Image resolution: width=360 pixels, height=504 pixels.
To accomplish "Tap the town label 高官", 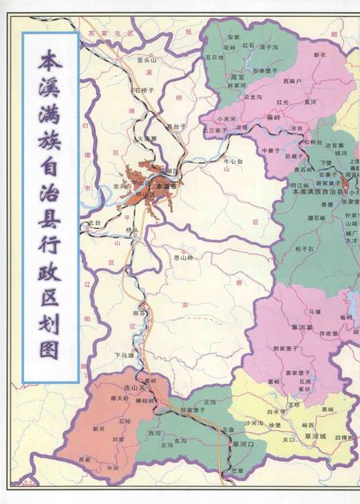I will pyautogui.click(x=236, y=78).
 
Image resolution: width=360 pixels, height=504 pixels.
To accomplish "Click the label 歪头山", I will pyautogui.click(x=147, y=60).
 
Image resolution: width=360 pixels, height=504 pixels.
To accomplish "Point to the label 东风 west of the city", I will pyautogui.click(x=120, y=186).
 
